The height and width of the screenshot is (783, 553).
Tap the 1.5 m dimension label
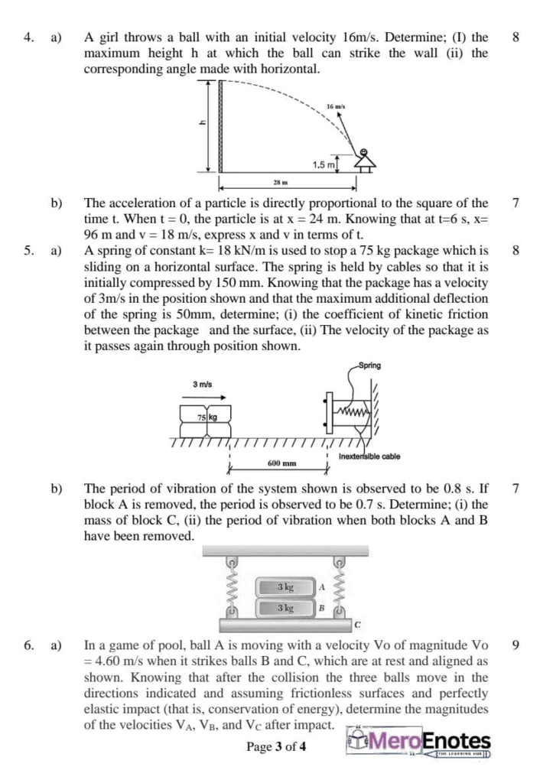coord(324,164)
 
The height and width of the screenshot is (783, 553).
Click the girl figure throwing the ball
coord(364,160)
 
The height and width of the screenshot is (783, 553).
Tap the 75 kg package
coord(206,418)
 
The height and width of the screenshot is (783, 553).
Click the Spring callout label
coord(370,366)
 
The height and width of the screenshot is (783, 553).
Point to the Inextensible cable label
coord(369,456)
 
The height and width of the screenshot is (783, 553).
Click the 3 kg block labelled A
coord(285,587)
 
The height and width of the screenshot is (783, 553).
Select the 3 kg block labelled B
coord(285,609)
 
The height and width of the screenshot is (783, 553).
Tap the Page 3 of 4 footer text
coord(276,747)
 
